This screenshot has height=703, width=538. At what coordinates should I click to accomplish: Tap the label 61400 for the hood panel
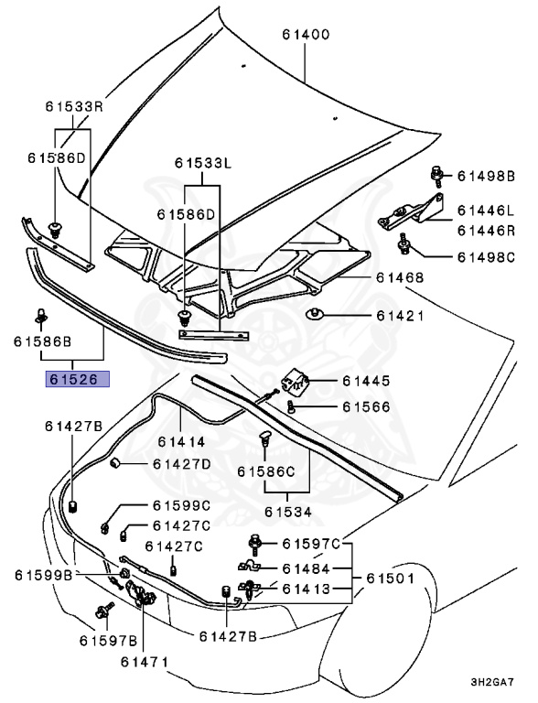(x=306, y=35)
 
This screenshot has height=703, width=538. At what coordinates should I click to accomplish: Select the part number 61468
(x=400, y=277)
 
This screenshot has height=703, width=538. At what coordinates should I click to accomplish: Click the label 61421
(x=400, y=316)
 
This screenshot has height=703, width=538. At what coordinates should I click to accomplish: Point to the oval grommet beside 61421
(x=316, y=314)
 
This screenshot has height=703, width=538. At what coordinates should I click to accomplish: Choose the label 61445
(x=366, y=381)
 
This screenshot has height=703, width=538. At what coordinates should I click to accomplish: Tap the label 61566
(x=366, y=406)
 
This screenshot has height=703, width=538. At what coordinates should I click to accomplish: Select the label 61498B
(x=486, y=176)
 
